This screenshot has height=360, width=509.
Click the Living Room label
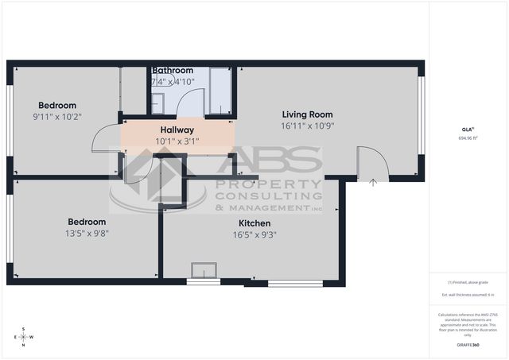coord(306,114)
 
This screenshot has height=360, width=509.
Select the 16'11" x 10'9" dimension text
coord(306,126)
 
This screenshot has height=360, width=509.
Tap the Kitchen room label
coord(254,223)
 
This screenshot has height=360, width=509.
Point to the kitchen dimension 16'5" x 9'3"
coord(254,234)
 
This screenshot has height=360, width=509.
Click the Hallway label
coord(178,130)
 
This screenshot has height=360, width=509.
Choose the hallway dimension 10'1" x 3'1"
coord(178,141)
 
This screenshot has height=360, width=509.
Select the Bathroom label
coord(173,71)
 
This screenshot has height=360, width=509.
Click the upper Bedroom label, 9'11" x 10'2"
coord(57,106)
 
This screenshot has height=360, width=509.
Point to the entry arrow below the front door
coord(373,182)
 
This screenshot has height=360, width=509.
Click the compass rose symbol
coord(24,336)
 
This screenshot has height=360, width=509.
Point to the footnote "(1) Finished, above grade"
coord(468,281)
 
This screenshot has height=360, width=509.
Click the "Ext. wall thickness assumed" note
coord(468,295)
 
